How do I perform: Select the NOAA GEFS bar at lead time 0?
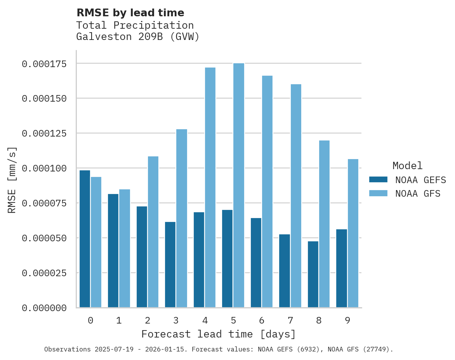(x=85, y=239)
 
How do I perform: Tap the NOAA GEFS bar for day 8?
(x=313, y=274)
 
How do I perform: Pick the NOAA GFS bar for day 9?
(x=353, y=233)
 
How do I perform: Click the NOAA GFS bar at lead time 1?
(x=125, y=248)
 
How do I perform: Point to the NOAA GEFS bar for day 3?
(x=170, y=265)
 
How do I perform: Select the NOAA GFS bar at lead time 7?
(x=296, y=196)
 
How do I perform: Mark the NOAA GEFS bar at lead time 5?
(x=227, y=259)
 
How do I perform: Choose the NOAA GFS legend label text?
(x=418, y=193)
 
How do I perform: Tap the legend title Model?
(x=407, y=166)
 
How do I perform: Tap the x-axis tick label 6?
(x=262, y=320)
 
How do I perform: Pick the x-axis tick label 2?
(x=148, y=320)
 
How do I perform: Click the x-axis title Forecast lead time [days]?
(x=219, y=334)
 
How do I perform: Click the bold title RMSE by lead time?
(x=130, y=13)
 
